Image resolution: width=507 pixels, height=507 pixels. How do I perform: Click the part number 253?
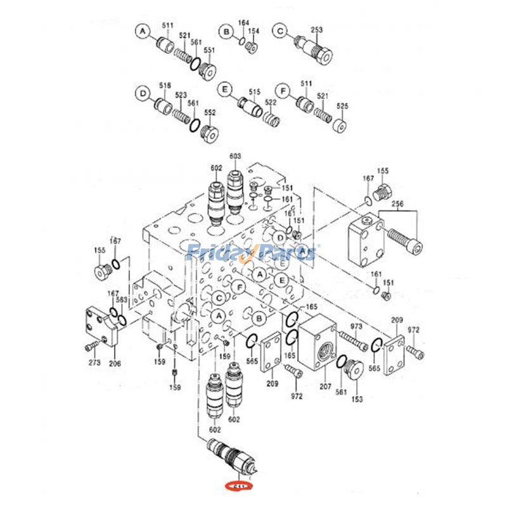[x=317, y=29]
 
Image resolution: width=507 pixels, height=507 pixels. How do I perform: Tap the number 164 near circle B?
[x=244, y=23]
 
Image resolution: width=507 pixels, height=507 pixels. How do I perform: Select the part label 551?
[x=209, y=50]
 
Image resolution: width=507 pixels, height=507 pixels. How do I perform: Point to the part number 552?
[x=210, y=113]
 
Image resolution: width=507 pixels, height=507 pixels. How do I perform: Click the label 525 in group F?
[x=342, y=106]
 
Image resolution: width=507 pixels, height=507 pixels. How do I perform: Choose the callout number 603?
[x=235, y=156]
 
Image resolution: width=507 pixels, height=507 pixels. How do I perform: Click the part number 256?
[x=398, y=204]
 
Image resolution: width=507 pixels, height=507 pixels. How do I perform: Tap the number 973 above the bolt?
[x=356, y=326]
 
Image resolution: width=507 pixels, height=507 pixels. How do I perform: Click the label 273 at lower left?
[x=94, y=363]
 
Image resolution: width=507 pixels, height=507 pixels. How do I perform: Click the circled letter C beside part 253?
[x=281, y=30]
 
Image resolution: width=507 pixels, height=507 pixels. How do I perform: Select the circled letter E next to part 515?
[x=223, y=91]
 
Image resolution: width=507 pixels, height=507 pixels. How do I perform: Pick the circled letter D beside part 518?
[x=143, y=93]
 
